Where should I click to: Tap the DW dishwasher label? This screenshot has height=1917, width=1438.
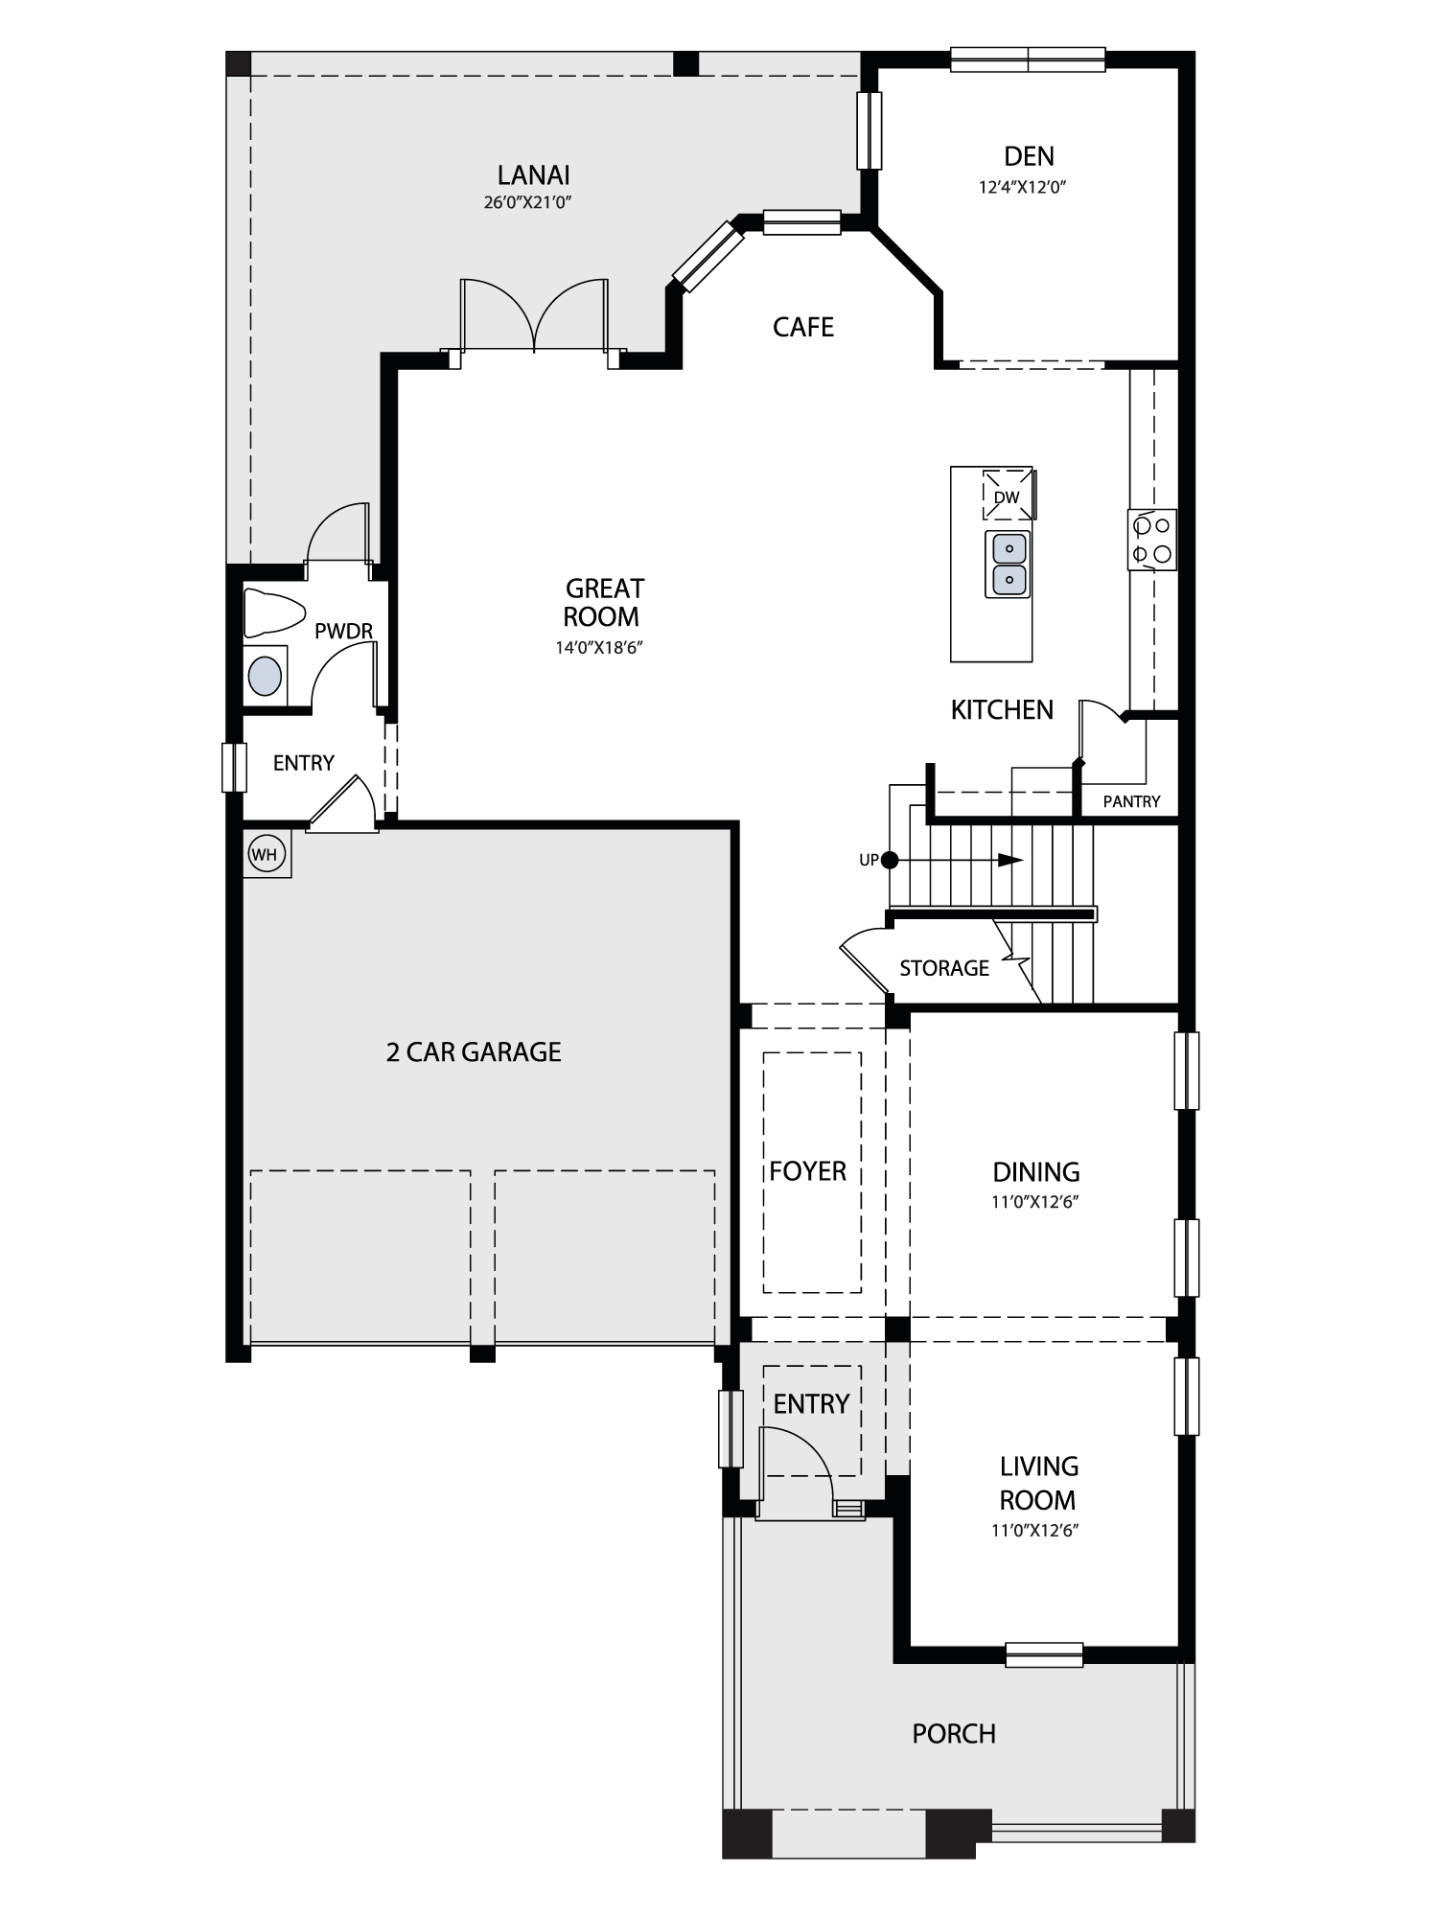click(1007, 497)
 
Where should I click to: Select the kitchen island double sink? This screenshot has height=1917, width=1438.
click(1008, 565)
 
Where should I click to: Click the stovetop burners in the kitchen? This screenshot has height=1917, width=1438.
click(1151, 540)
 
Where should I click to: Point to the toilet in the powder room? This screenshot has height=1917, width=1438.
click(273, 612)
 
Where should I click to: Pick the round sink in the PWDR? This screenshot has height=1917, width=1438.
click(266, 676)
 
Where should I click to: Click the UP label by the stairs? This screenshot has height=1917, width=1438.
click(869, 860)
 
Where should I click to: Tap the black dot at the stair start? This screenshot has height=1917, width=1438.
click(890, 860)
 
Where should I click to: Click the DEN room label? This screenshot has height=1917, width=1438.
click(1029, 156)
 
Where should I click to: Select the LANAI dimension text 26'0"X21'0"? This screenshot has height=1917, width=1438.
click(534, 202)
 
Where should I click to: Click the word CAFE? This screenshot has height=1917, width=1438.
click(803, 327)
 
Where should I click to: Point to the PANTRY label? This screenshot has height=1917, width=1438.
click(1131, 801)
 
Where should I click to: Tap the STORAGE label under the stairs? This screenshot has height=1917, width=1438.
click(944, 968)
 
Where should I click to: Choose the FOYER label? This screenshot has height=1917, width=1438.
click(808, 1171)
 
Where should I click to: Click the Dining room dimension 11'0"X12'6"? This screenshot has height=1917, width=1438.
click(1035, 1202)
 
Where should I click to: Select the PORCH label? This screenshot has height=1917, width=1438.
click(954, 1733)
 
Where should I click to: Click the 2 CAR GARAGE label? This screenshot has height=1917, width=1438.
click(474, 1052)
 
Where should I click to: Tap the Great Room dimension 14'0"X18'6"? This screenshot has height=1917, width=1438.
click(599, 648)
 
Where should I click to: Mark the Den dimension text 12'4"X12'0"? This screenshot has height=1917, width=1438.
click(1023, 187)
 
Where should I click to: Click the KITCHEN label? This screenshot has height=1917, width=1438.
click(1002, 709)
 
